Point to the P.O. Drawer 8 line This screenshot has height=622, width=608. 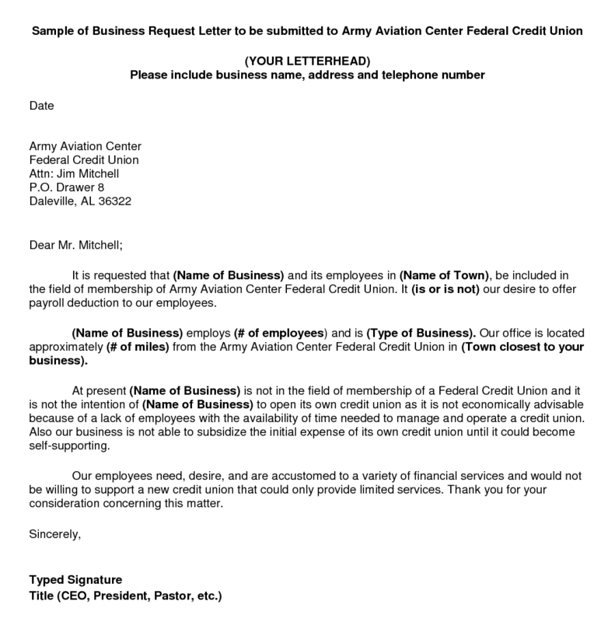click(66, 187)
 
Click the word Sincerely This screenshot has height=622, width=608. click(54, 535)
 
